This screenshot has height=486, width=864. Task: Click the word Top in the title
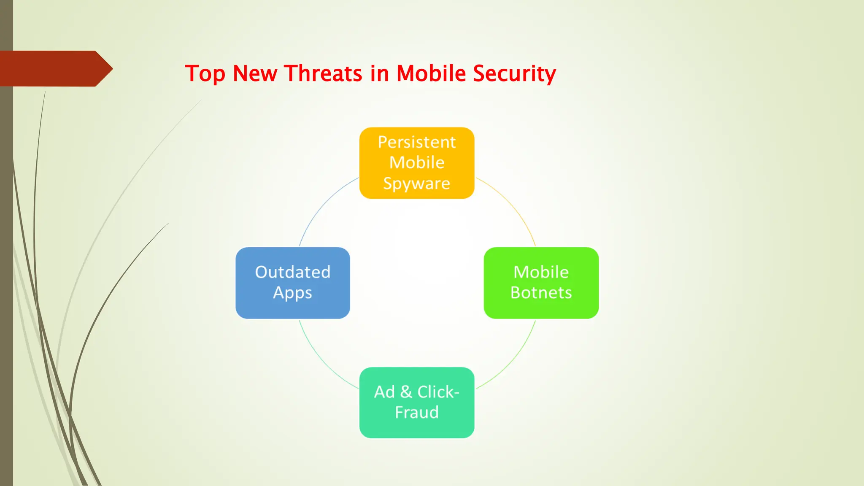205,74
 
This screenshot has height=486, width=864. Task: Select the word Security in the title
514,74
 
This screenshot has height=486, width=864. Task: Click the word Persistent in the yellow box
417,142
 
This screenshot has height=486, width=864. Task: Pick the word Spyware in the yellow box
417,184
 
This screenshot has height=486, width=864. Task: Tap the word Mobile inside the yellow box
417,163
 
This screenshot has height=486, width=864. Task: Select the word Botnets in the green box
541,293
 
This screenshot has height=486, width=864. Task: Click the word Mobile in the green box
541,272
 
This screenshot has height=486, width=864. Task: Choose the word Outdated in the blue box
293,272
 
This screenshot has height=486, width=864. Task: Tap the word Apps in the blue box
293,293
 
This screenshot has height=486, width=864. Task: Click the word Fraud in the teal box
417,412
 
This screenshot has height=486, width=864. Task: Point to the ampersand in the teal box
406,392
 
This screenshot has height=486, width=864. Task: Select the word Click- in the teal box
438,392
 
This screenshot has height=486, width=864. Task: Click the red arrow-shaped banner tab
55,68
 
